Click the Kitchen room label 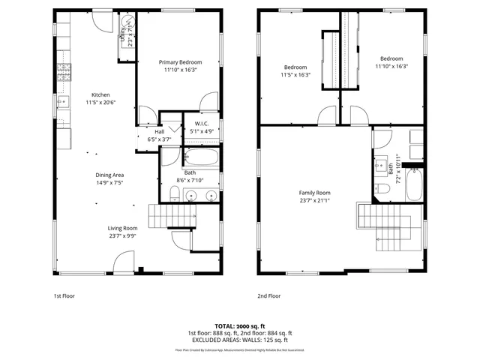pyautogui.click(x=100, y=95)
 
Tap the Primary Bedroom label pyautogui.click(x=180, y=62)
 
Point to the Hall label pyautogui.click(x=159, y=131)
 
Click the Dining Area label pyautogui.click(x=109, y=175)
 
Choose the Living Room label pyautogui.click(x=122, y=228)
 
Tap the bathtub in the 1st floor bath pyautogui.click(x=201, y=158)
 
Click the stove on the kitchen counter pyautogui.click(x=64, y=73)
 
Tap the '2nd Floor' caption pyautogui.click(x=268, y=296)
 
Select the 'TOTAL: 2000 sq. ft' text pyautogui.click(x=240, y=327)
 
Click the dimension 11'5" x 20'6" pyautogui.click(x=100, y=103)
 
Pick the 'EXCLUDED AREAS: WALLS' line pyautogui.click(x=240, y=341)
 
